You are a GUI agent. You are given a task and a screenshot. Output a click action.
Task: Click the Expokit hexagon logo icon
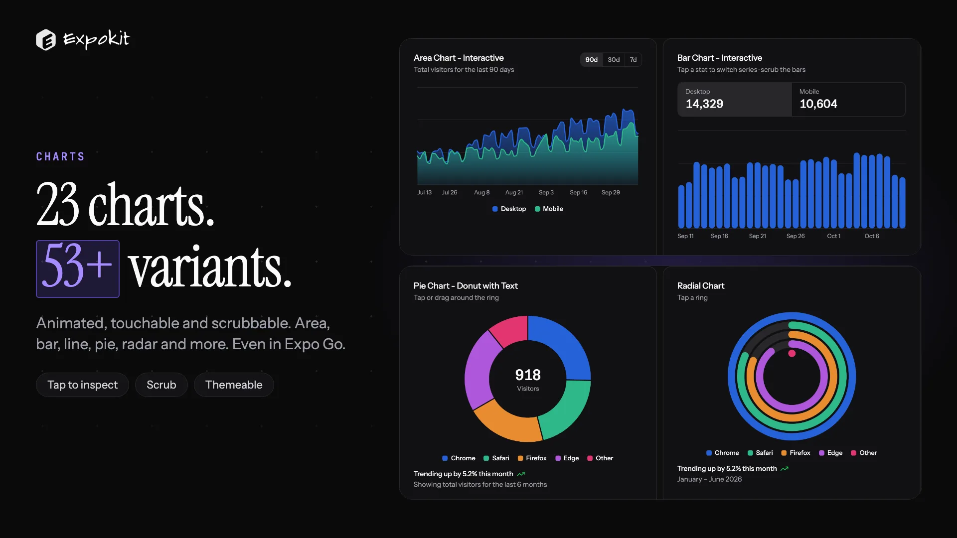pos(46,40)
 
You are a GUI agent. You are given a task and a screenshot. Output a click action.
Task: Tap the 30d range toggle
pos(614,60)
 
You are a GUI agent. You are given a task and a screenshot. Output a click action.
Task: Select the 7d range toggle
pos(633,60)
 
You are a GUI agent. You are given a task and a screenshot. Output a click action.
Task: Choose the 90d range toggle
pos(591,60)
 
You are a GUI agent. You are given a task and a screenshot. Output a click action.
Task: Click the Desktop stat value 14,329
pos(704,104)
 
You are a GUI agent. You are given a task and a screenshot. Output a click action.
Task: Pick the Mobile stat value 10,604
pos(818,104)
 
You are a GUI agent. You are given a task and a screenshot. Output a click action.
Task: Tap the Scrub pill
pos(161,385)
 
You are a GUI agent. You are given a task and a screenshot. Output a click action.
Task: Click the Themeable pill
pos(234,385)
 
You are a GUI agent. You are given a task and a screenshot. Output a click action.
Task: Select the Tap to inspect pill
pos(82,385)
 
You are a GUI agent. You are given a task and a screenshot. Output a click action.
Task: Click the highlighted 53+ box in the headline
pos(78,269)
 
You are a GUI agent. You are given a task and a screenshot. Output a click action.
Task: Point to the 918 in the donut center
pos(528,375)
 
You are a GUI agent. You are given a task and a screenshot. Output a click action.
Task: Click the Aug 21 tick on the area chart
pos(514,192)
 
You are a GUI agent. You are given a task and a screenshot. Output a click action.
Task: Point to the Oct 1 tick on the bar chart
pos(833,236)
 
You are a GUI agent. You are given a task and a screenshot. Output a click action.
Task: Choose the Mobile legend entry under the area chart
pos(549,209)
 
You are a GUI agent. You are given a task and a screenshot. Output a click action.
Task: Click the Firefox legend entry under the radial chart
pos(796,453)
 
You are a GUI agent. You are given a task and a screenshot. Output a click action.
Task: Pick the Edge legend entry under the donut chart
pos(567,458)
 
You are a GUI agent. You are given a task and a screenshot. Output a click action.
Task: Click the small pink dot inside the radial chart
pos(792,354)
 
